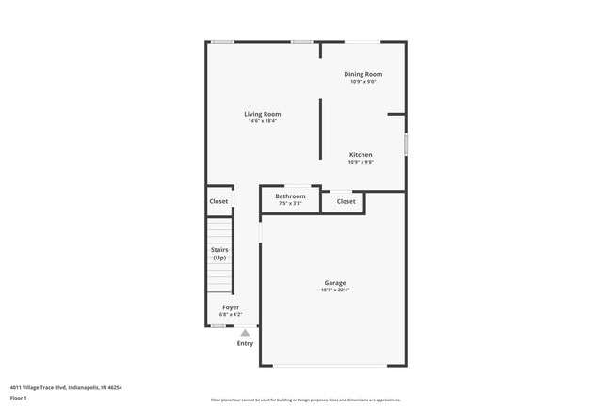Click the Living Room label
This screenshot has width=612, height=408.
[264, 114]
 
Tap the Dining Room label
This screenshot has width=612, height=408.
[362, 74]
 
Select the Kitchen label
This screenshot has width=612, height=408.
[362, 155]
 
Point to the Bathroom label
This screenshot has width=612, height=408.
[290, 196]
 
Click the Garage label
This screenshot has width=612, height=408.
[335, 282]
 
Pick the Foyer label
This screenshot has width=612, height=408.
[231, 307]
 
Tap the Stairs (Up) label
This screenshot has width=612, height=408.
[219, 254]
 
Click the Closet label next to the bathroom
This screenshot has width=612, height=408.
[346, 201]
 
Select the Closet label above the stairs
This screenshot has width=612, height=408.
[218, 201]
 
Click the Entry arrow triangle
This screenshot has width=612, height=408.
[245, 333]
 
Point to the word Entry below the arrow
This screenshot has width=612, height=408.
[245, 343]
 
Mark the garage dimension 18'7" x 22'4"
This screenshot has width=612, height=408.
[335, 290]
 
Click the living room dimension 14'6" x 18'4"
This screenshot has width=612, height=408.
[264, 121]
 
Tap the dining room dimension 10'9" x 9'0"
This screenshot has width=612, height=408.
[362, 82]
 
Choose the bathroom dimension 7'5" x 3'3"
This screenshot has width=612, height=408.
[290, 203]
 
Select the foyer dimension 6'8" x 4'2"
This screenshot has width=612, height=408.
[231, 315]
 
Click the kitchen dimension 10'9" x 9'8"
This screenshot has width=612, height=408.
[362, 163]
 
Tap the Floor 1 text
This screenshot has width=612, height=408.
[19, 399]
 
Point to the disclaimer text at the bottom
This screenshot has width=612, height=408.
[305, 400]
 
